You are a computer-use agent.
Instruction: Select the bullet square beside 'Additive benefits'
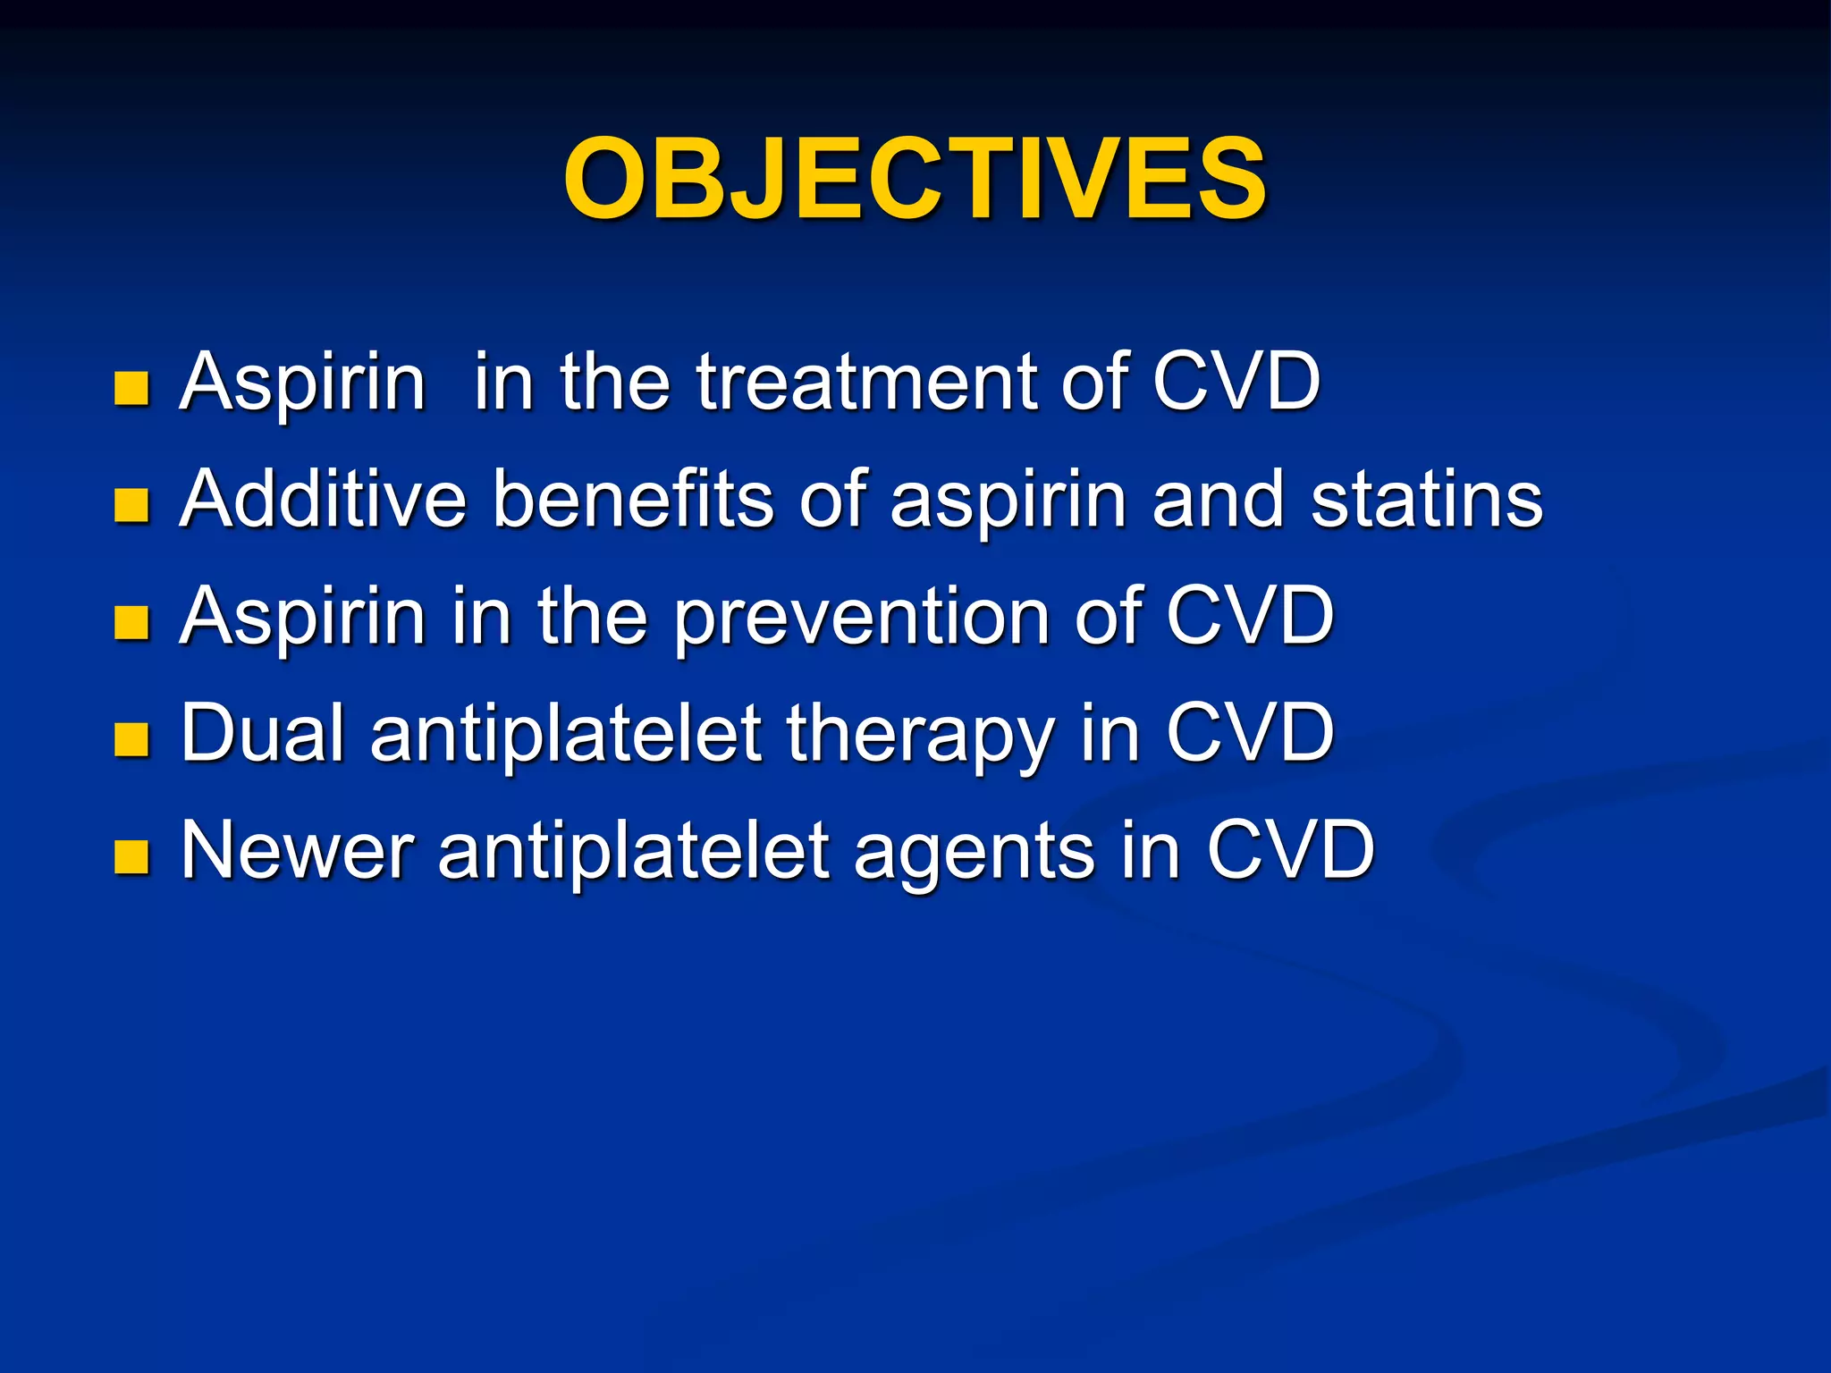click(131, 505)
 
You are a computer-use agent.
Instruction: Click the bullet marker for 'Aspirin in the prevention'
click(131, 622)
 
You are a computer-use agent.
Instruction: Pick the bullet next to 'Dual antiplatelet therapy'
click(131, 739)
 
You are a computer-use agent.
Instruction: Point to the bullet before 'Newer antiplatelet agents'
click(131, 856)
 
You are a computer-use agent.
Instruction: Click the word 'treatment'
click(866, 383)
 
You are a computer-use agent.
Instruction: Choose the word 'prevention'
click(861, 617)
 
